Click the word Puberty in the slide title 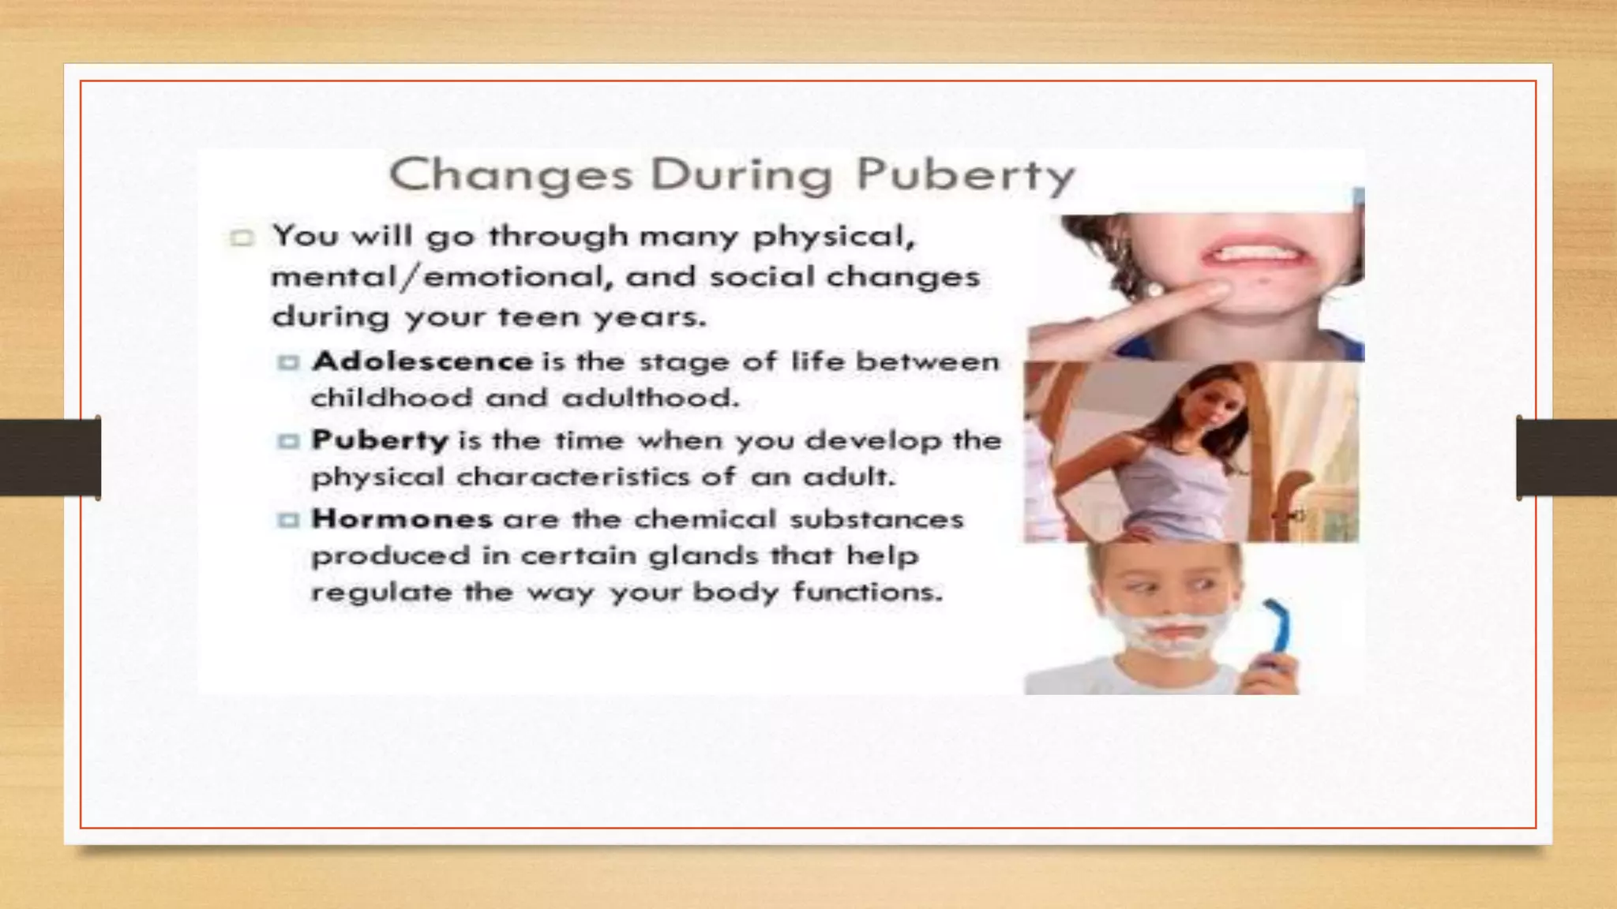pos(965,175)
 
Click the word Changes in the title pos(511,175)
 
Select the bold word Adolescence pos(422,361)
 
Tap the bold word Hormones pos(402,518)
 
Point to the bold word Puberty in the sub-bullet pos(380,440)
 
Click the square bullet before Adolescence pos(288,362)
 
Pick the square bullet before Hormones pos(288,519)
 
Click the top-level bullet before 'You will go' pos(242,238)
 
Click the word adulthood pos(650,398)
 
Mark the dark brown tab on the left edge pos(50,458)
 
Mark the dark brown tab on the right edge pos(1566,458)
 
